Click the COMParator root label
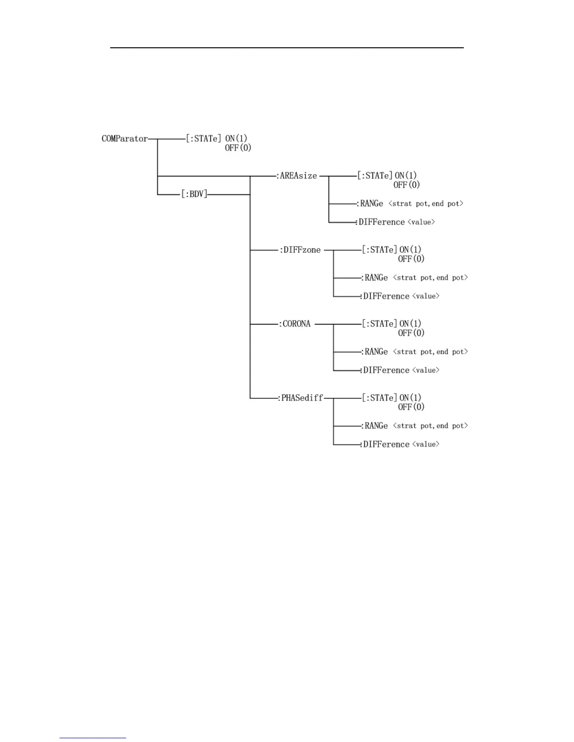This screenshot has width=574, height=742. click(125, 139)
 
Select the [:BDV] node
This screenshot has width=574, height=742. click(194, 194)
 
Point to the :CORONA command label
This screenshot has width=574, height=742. click(295, 324)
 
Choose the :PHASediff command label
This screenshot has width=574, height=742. click(301, 398)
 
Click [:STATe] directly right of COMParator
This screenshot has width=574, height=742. click(204, 139)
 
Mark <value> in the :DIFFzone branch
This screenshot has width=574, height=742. click(426, 296)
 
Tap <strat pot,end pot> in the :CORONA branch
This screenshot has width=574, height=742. click(430, 352)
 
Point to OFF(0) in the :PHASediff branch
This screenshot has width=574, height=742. click(411, 407)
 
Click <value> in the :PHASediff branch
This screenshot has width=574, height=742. click(426, 444)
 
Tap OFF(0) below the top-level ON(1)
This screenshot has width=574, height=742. click(238, 148)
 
